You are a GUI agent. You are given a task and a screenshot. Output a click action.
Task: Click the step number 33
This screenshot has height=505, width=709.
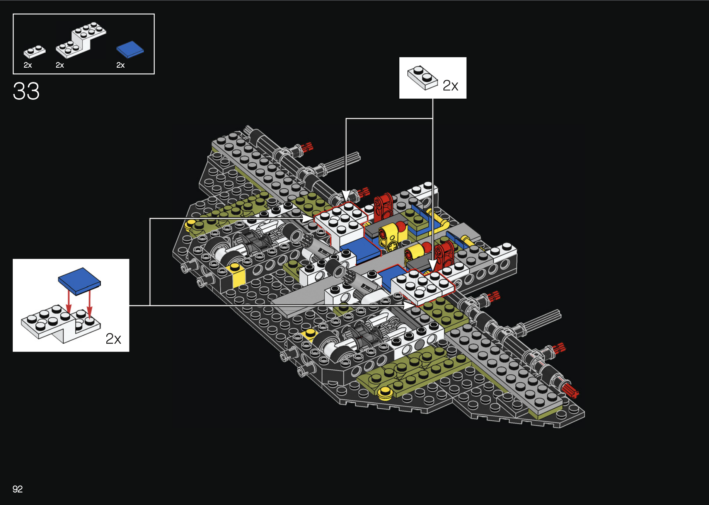pyautogui.click(x=26, y=91)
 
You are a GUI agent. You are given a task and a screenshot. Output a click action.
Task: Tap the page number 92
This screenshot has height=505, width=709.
pyautogui.click(x=17, y=489)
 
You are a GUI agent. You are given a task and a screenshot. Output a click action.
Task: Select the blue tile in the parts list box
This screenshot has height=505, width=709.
pyautogui.click(x=130, y=49)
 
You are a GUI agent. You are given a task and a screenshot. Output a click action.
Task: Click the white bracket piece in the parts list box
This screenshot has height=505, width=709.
pyautogui.click(x=81, y=40)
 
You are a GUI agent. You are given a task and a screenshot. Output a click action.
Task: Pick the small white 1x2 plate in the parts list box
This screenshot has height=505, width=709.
pyautogui.click(x=34, y=51)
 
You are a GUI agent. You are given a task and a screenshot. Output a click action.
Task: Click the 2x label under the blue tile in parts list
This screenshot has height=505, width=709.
pyautogui.click(x=121, y=65)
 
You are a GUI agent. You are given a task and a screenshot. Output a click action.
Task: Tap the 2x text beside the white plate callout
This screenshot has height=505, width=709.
pyautogui.click(x=450, y=85)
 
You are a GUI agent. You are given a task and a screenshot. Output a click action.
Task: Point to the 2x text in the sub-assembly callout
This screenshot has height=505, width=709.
pyautogui.click(x=113, y=339)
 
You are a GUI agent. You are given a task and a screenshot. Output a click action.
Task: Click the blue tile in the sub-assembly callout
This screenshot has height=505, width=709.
pyautogui.click(x=79, y=281)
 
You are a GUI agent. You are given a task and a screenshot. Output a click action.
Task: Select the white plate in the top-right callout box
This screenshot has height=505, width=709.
pyautogui.click(x=422, y=77)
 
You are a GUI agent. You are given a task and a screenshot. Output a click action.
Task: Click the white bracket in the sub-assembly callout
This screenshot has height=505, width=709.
pyautogui.click(x=60, y=323)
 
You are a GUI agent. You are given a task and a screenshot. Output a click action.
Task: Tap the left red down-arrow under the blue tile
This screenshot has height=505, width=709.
pyautogui.click(x=69, y=301)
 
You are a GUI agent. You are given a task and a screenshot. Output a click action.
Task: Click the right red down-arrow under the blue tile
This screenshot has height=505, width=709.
pyautogui.click(x=90, y=302)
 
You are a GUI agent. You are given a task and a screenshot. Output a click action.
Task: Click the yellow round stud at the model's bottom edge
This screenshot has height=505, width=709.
pyautogui.click(x=385, y=393)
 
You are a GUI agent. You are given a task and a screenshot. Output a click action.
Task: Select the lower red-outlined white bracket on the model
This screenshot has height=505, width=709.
pyautogui.click(x=421, y=286)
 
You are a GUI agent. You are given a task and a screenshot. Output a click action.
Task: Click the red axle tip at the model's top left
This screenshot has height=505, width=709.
pyautogui.click(x=307, y=147)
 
